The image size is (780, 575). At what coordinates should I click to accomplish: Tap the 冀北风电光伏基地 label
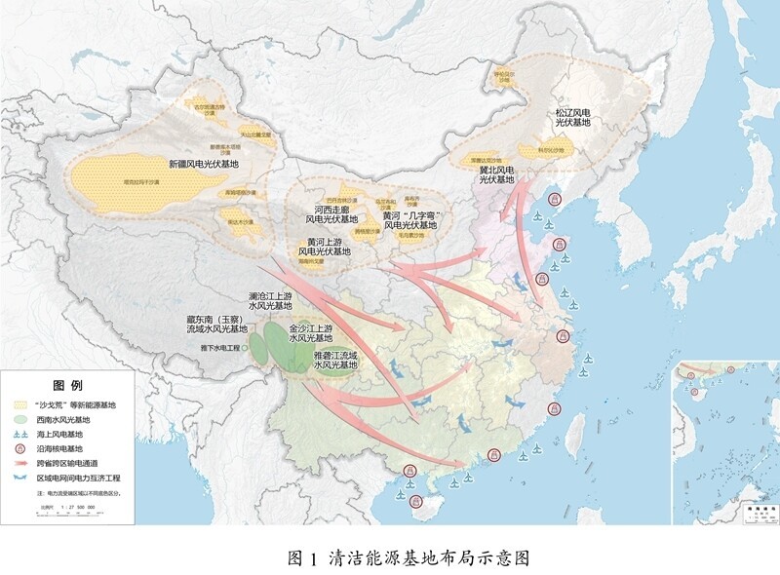(x=496, y=173)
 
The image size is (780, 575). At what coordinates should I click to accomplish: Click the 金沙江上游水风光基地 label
(x=312, y=334)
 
